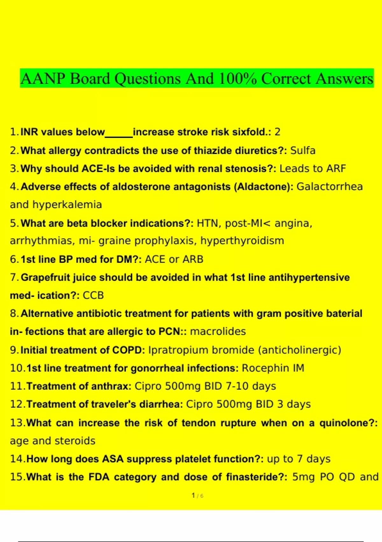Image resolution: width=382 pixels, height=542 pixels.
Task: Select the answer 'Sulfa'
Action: [x=303, y=150]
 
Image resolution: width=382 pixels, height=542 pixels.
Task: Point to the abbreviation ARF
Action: [x=336, y=168]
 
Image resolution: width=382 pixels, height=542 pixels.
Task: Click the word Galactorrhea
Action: [x=329, y=187]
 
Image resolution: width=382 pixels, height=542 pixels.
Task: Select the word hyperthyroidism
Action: [x=242, y=241]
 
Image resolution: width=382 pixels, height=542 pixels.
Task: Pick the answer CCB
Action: [x=93, y=296]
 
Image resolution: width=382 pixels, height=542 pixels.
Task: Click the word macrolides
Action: [x=218, y=332]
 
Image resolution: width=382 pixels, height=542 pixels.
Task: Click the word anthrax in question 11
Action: [x=109, y=386]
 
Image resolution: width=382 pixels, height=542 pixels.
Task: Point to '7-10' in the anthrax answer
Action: [x=237, y=386]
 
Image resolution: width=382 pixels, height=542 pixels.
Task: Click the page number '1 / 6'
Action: [x=197, y=496]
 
